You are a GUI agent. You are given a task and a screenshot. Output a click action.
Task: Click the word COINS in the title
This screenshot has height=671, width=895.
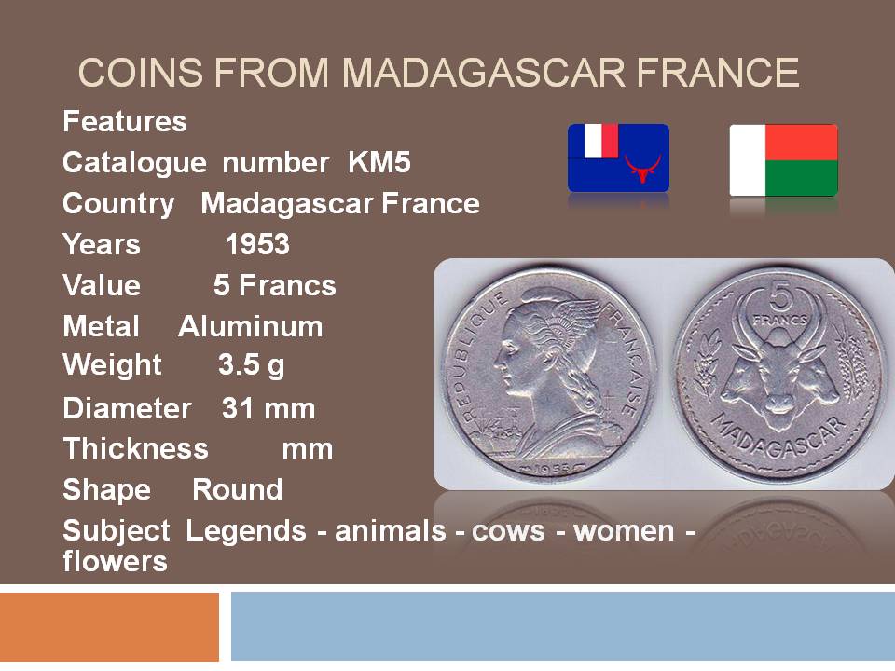141,73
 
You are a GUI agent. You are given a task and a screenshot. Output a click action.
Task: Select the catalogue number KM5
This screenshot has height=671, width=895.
379,162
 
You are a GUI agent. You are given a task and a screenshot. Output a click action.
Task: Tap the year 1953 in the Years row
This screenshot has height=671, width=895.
257,244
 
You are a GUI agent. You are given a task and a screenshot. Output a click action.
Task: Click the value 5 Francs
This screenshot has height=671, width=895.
274,285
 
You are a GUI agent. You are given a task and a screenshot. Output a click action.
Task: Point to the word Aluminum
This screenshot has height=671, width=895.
250,327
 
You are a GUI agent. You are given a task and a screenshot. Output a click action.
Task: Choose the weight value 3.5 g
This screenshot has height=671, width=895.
251,365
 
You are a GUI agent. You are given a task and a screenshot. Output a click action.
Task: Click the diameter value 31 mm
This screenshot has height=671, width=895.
268,408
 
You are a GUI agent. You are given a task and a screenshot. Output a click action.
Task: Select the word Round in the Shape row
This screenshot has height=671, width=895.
237,489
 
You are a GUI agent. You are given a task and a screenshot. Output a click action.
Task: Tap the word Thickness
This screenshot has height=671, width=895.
136,448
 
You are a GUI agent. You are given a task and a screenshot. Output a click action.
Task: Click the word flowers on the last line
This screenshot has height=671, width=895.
116,561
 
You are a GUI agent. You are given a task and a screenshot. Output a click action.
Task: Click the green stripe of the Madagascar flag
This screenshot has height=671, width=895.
802,178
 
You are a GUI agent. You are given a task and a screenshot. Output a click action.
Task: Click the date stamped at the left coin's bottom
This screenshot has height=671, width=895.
550,469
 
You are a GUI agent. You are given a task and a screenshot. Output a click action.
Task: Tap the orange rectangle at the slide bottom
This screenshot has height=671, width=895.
110,626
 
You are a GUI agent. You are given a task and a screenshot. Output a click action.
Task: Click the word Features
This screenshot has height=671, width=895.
125,121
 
